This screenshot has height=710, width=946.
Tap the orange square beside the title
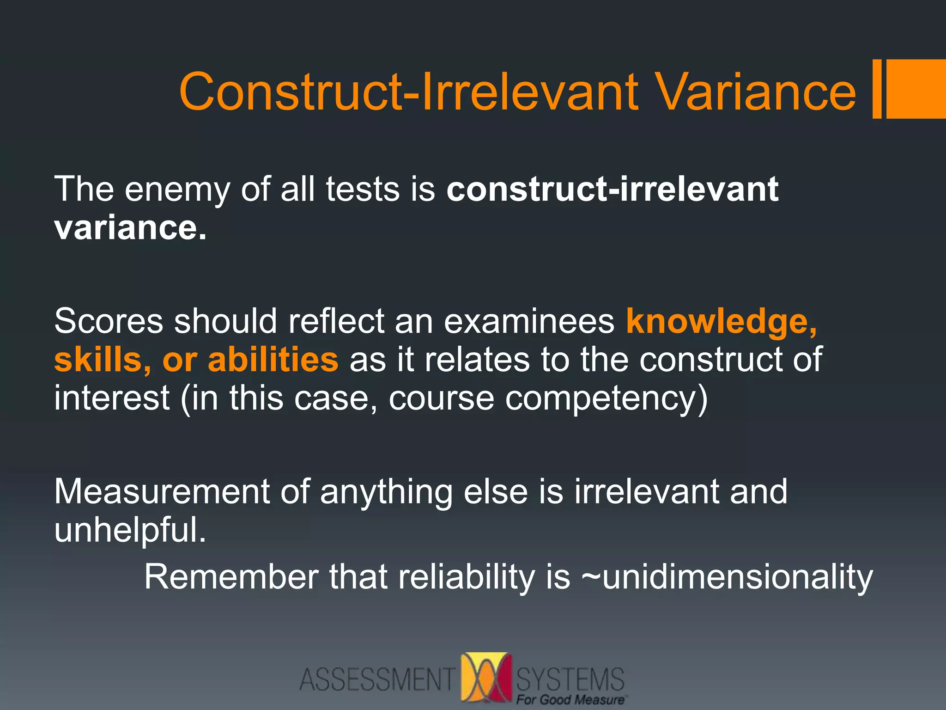[x=916, y=89]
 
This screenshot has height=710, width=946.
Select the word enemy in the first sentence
[x=177, y=190]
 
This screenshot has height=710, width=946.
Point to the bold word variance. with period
[x=130, y=228]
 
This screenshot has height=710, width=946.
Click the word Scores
[x=109, y=321]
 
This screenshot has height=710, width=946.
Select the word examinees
[x=529, y=321]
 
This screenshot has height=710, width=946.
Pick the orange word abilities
[x=273, y=360]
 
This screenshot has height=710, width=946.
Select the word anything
[x=386, y=492]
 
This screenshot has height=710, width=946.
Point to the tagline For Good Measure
[x=571, y=700]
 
